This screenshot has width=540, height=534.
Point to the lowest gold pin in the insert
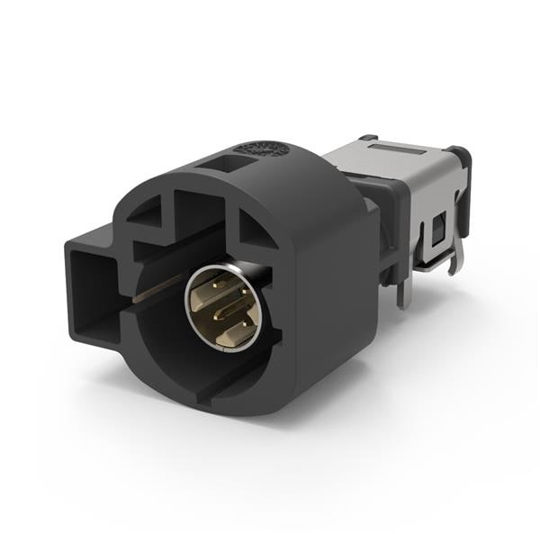pyautogui.click(x=231, y=334)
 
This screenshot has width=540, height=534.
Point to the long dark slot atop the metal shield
pyautogui.click(x=395, y=146)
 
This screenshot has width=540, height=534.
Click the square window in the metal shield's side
pyautogui.click(x=438, y=231)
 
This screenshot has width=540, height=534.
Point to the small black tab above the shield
pyautogui.click(x=366, y=138)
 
